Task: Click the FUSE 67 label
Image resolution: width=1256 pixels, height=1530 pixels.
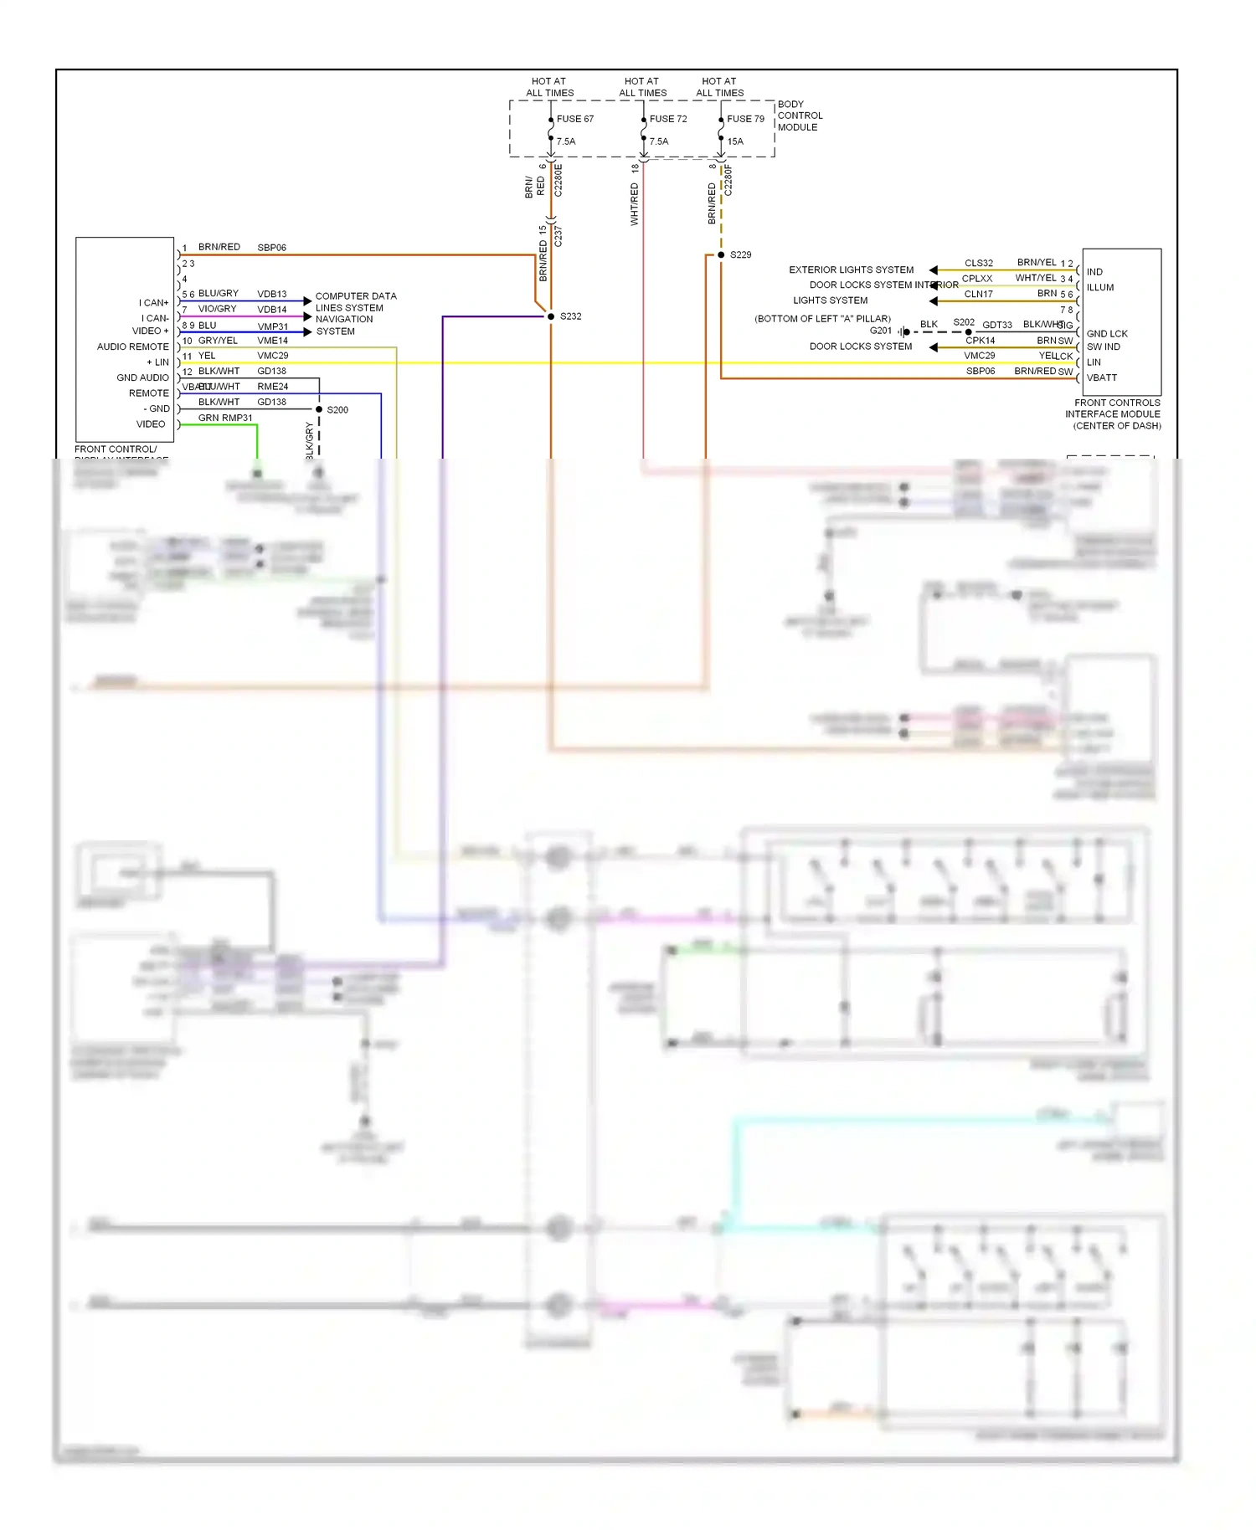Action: click(x=574, y=119)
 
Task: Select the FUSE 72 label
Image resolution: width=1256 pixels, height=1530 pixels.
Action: click(x=667, y=119)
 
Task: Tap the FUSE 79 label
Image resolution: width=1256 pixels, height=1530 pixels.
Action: click(x=745, y=119)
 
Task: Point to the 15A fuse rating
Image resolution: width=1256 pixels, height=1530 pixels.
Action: click(x=735, y=141)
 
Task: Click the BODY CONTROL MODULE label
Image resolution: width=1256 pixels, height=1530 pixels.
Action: click(x=800, y=116)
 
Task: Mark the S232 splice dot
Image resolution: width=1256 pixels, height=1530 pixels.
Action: click(x=551, y=316)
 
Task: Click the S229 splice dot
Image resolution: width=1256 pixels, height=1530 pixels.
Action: click(x=721, y=254)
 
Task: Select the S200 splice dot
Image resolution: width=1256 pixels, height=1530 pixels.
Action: click(x=319, y=409)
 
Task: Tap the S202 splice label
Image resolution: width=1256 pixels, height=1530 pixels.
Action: click(x=964, y=322)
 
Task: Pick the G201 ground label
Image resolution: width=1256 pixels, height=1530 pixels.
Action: click(x=880, y=331)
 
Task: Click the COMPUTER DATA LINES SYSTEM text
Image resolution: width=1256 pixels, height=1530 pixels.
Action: click(x=355, y=301)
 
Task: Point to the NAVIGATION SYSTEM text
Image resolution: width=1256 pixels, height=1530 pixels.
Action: click(x=343, y=325)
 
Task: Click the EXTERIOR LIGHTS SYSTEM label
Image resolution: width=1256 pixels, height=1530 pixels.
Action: click(x=851, y=270)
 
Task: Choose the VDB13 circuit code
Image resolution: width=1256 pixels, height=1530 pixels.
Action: click(x=272, y=294)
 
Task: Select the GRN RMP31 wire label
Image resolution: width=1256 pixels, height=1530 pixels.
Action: click(x=225, y=418)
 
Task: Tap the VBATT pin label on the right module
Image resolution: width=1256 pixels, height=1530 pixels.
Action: click(x=1101, y=377)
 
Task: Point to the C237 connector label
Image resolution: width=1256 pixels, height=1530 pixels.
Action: click(x=559, y=236)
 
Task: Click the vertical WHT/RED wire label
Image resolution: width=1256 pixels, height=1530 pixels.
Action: click(x=635, y=204)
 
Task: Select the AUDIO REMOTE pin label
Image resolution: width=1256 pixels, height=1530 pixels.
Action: click(x=132, y=347)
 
